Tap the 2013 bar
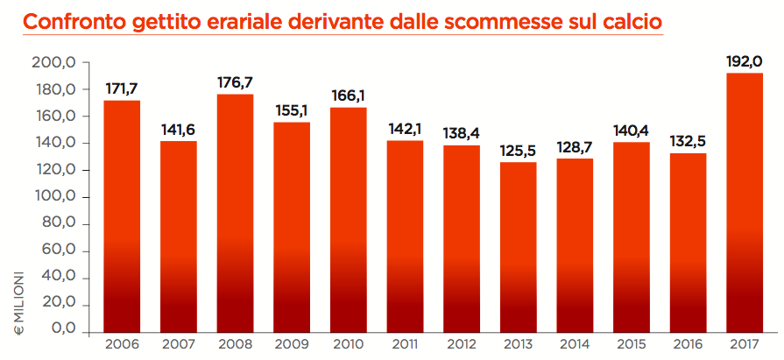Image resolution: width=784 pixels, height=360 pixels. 518,246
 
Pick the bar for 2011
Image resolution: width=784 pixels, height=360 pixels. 405,236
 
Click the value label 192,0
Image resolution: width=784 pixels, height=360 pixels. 745,62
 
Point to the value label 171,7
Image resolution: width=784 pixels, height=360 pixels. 122,89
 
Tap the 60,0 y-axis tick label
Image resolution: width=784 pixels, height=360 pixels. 60,251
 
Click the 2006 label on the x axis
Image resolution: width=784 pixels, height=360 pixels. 122,345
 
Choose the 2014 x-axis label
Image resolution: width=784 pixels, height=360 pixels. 575,345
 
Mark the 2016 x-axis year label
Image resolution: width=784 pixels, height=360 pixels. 688,345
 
